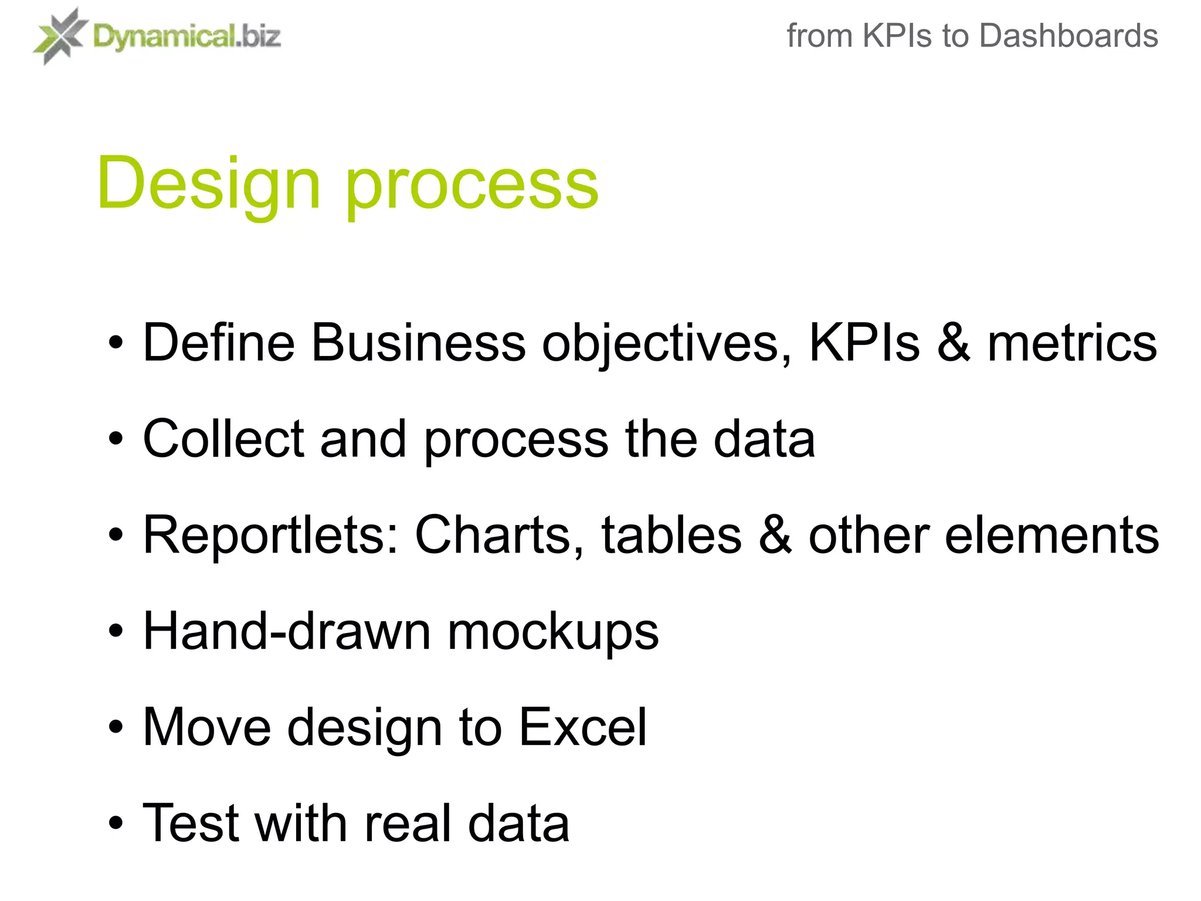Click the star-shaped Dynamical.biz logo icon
tap(59, 36)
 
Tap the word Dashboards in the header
tap(1068, 36)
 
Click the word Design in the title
tap(208, 183)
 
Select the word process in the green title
tap(472, 187)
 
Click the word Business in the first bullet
tap(418, 343)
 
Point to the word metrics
tap(1072, 343)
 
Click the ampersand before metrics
tap(953, 343)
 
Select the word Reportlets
tap(270, 534)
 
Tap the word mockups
tap(553, 634)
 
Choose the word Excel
tap(583, 727)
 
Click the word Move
tap(207, 727)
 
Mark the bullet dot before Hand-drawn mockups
tap(116, 632)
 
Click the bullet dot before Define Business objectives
tap(116, 343)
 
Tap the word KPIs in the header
tap(897, 36)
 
